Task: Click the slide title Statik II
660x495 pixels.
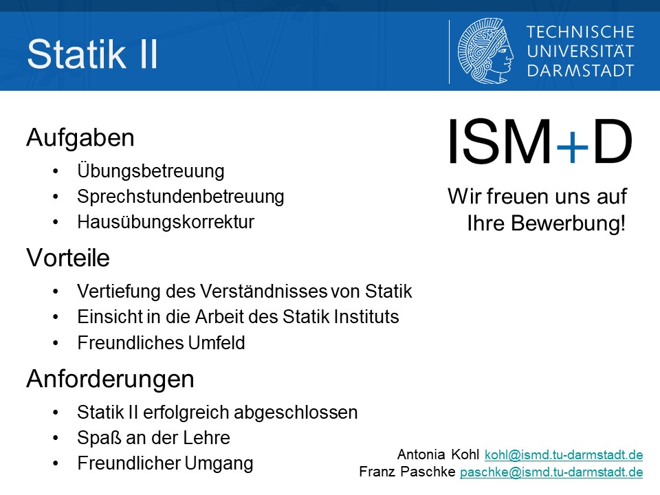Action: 92,54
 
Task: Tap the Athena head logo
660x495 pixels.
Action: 485,51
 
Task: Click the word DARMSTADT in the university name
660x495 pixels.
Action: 580,71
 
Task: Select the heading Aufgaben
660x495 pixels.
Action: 80,137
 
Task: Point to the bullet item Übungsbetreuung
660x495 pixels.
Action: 151,171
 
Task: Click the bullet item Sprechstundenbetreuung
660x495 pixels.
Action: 181,197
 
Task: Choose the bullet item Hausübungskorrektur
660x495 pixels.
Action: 166,222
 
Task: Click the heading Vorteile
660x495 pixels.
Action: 68,258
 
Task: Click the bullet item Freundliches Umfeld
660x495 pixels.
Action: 161,342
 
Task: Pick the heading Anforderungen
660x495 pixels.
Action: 110,379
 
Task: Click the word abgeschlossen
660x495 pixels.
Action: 296,412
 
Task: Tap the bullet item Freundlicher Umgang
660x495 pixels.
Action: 165,463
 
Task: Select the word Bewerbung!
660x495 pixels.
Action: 568,223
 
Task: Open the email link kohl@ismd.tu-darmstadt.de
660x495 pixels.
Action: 564,454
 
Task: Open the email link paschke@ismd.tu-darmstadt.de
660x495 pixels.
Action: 551,472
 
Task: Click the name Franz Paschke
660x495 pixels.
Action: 407,472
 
